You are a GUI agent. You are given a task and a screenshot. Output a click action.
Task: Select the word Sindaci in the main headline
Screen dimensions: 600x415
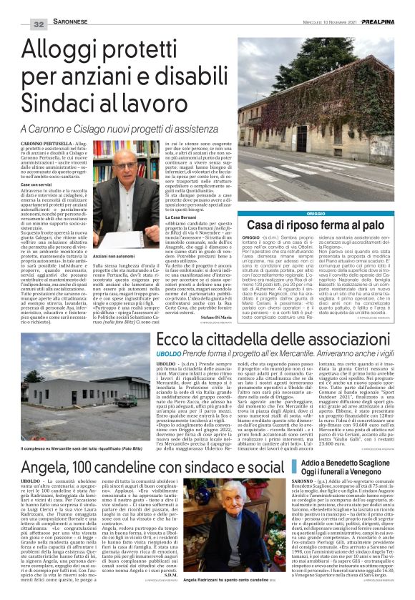69,100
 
